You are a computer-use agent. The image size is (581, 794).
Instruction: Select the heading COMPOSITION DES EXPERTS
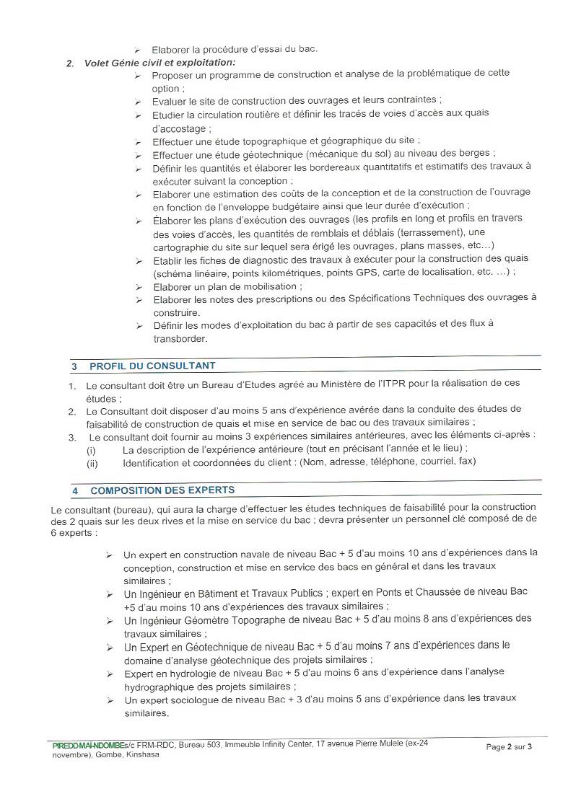162,490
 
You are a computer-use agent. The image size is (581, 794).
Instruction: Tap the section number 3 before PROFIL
74,366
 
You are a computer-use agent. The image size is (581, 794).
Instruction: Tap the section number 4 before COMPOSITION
75,490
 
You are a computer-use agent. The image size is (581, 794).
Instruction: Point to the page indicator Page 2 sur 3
509,747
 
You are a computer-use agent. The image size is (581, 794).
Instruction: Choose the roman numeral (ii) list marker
92,462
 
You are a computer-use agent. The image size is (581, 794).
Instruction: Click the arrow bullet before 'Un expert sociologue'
109,700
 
